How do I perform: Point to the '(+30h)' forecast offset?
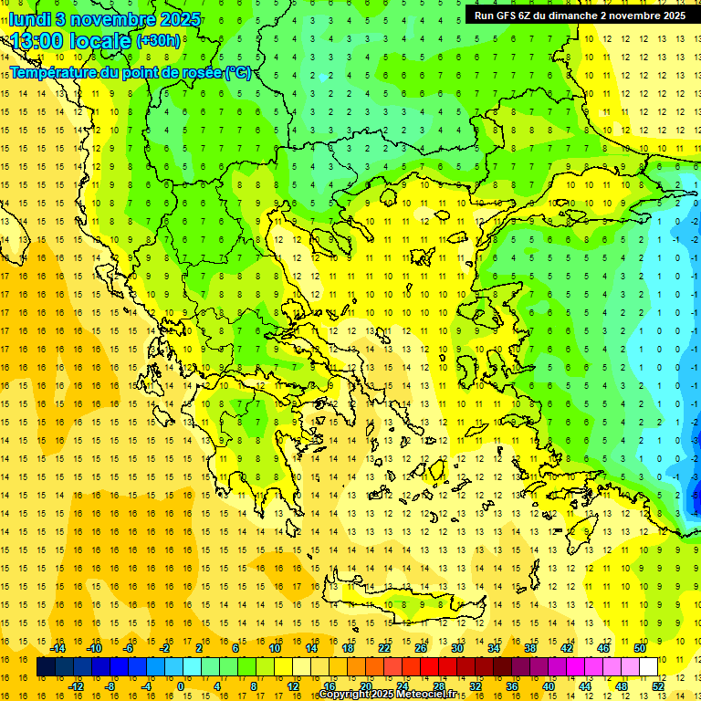(x=158, y=41)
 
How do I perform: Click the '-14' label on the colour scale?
(x=58, y=647)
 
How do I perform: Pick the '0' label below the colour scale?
(x=180, y=685)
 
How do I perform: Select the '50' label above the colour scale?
(x=640, y=647)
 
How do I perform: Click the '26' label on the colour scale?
(x=421, y=647)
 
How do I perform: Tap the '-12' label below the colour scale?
(x=76, y=685)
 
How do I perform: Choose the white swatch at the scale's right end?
(x=648, y=666)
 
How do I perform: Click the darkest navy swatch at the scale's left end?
(x=47, y=666)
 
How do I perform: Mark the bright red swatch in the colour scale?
(x=430, y=666)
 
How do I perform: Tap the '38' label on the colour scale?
(x=530, y=647)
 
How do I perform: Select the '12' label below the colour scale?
(x=293, y=685)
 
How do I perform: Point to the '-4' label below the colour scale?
(x=146, y=685)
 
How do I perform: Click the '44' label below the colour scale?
(x=585, y=685)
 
